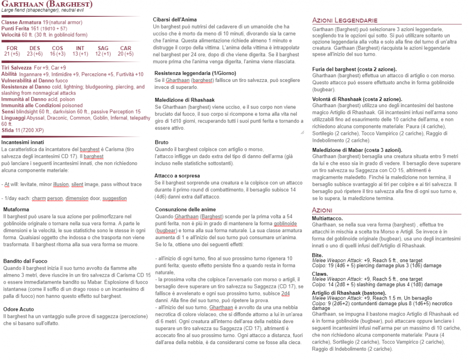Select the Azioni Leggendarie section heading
coord(344,21)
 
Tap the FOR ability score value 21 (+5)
coord(12,54)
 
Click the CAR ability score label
coord(125,48)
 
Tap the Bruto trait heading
coord(161,142)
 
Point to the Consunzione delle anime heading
coord(186,209)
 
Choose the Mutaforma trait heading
coord(17,209)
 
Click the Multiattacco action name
coord(328,219)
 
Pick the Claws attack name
coord(320,273)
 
